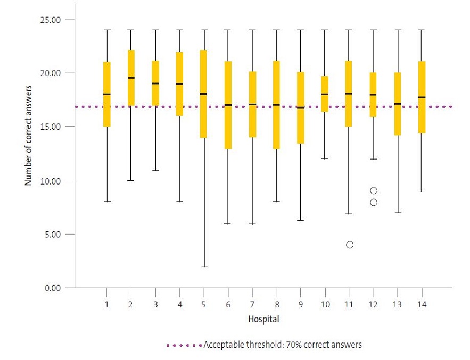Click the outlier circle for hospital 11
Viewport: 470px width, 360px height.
coord(350,245)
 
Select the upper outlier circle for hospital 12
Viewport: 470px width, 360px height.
coord(374,190)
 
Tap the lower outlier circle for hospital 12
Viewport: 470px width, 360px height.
coord(374,202)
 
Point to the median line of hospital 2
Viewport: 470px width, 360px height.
coord(131,78)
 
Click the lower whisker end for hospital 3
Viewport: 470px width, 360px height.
coord(155,170)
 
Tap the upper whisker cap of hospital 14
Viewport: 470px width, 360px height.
coord(422,30)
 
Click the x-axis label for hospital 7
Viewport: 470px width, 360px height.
coord(252,305)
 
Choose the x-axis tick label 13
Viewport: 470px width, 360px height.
coord(397,305)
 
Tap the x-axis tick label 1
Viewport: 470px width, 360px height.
coord(107,305)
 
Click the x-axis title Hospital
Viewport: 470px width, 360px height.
coord(263,320)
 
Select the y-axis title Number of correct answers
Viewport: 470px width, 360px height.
coord(29,136)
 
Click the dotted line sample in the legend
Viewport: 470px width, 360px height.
coord(184,345)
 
